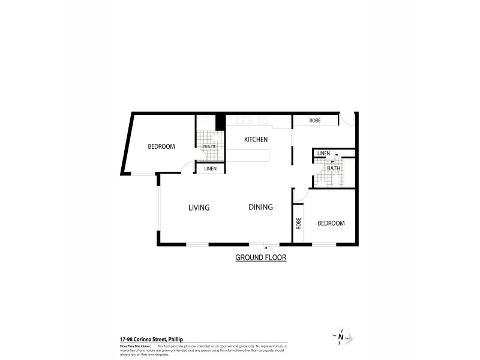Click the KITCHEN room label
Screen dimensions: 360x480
256,139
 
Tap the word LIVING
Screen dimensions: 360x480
199,208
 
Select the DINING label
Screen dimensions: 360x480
261,207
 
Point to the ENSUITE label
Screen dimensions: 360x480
209,146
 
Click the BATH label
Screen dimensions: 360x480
334,169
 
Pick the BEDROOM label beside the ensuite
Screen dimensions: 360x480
161,146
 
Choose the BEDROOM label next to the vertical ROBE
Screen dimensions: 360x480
331,223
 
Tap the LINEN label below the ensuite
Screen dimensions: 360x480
210,169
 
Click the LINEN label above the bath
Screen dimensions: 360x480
323,154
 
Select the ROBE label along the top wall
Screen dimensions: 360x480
315,121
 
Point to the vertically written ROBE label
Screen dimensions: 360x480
298,223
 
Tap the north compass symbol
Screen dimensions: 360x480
340,337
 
